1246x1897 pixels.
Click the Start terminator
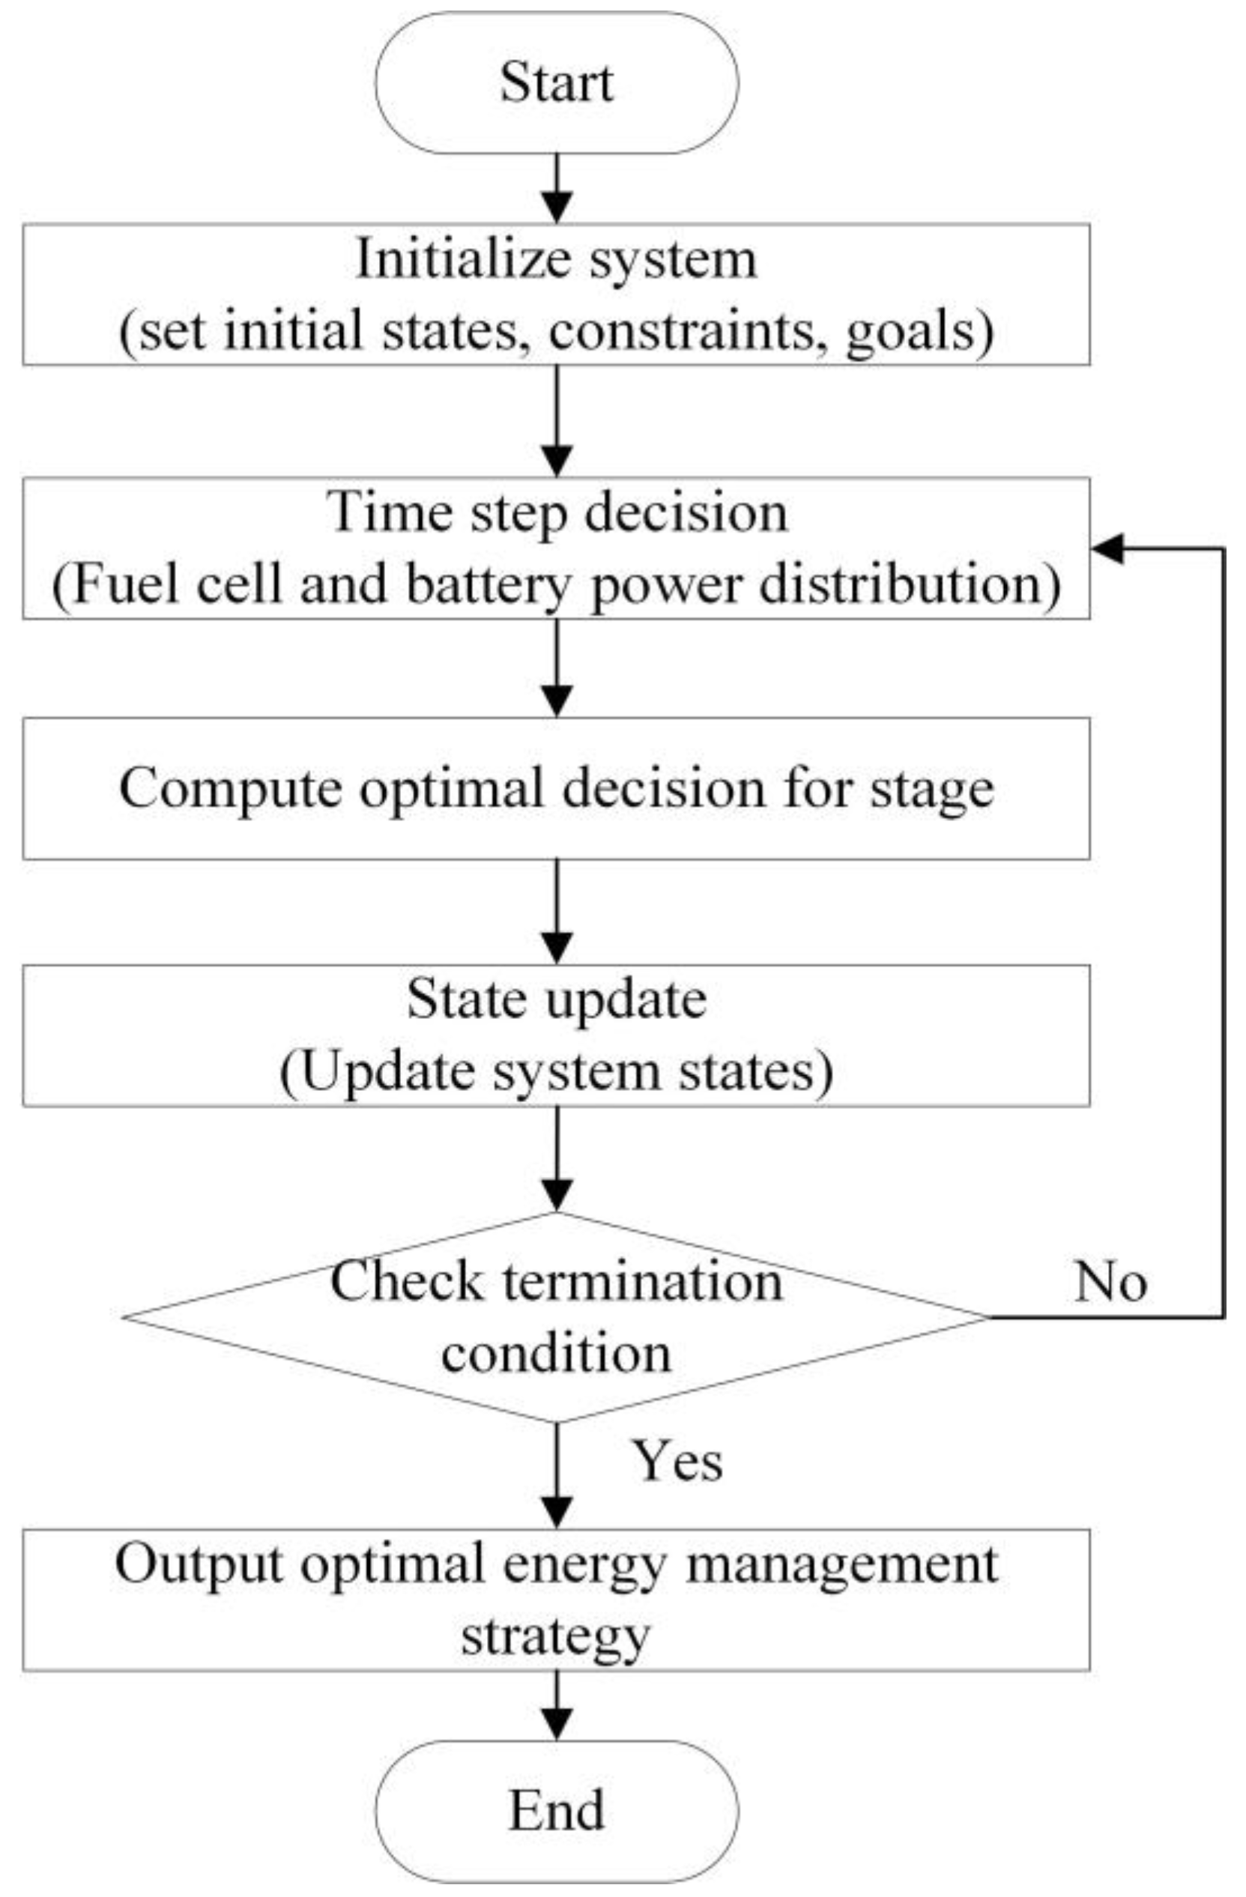pos(557,82)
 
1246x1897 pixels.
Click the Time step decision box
pos(556,548)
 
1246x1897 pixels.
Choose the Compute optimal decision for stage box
pos(556,788)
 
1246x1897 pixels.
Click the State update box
pos(556,1035)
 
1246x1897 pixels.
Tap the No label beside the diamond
pos(1110,1283)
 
